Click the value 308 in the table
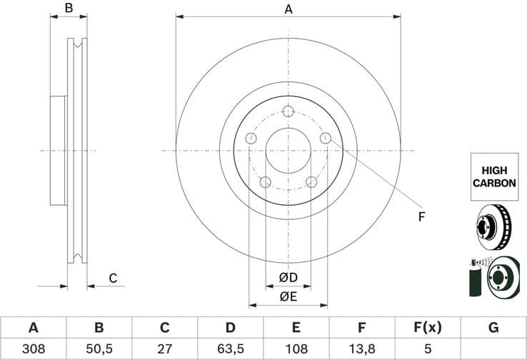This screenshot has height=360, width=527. [x=33, y=349]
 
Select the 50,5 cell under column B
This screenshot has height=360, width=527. [x=99, y=349]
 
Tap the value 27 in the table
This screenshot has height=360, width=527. [x=164, y=349]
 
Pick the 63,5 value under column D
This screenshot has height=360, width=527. [x=230, y=349]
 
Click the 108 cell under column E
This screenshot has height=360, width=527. [x=296, y=349]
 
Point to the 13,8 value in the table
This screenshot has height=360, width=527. [x=362, y=349]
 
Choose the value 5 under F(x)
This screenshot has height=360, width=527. [x=428, y=349]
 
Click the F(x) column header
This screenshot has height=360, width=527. [x=428, y=328]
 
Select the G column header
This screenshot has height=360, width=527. [x=493, y=328]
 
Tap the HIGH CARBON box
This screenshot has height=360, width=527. [x=494, y=177]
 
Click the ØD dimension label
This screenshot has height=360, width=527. [x=288, y=277]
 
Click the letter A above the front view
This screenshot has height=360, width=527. [x=288, y=9]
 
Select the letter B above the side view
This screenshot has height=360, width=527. [x=69, y=9]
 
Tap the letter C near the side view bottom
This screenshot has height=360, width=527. [x=112, y=278]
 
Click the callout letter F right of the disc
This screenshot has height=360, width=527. [x=421, y=216]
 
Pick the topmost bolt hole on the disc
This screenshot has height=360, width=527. [x=288, y=111]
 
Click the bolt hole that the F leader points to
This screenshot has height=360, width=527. [x=325, y=138]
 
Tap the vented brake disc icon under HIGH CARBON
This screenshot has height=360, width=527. [x=493, y=226]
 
